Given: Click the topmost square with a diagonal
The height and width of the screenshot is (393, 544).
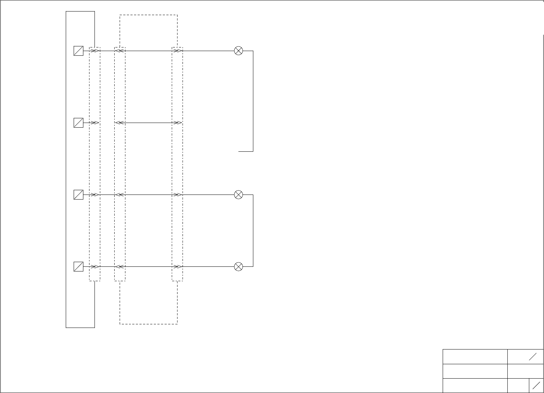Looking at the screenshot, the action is [78, 51].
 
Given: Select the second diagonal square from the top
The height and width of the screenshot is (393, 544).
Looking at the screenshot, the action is [78, 123].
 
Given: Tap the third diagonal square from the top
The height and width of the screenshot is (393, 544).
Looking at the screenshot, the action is [78, 195].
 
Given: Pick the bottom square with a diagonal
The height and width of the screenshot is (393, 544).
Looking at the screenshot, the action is [78, 267].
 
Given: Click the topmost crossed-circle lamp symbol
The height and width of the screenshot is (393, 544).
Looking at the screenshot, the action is [238, 51].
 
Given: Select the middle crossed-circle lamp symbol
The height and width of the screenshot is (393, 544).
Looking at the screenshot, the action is [238, 195].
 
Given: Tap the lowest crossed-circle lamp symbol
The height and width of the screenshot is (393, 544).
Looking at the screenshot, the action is [238, 267].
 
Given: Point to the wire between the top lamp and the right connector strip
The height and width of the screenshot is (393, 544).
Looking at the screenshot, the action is [208, 51].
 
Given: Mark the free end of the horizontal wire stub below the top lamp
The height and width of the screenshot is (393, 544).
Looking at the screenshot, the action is [239, 152].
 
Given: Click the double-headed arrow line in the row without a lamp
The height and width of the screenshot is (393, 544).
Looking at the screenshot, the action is [148, 123].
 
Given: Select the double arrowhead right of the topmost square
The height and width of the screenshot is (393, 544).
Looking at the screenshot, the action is [94, 51].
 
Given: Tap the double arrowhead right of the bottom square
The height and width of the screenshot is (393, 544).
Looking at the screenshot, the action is [94, 267].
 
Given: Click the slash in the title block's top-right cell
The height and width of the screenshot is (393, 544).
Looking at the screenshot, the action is [533, 357].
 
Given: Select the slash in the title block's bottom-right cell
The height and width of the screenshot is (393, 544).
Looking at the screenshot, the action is [536, 385].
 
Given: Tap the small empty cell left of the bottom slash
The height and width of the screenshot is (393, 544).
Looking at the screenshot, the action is [518, 385].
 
